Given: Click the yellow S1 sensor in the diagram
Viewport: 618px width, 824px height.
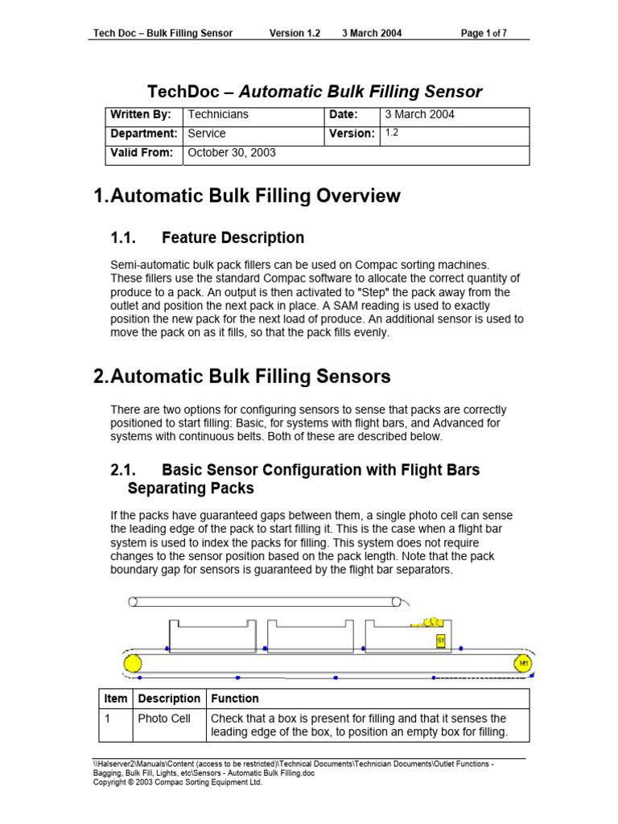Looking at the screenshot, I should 440,641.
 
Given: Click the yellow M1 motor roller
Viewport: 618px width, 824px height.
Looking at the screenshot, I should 523,664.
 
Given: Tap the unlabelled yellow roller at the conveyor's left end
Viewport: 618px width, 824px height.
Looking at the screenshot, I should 132,664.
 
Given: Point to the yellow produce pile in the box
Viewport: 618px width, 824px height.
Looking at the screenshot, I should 426,622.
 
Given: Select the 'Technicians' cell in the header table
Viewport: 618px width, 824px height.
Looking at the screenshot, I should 216,115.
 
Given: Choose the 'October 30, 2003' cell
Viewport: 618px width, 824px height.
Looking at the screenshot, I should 231,153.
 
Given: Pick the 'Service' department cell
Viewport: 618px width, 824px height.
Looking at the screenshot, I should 206,134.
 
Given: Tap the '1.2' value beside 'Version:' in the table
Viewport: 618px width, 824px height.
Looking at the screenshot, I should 392,134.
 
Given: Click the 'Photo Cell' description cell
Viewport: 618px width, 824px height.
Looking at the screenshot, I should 164,719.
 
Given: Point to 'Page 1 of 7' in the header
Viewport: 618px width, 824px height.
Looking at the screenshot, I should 483,33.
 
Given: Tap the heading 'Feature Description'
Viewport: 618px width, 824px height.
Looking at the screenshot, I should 233,237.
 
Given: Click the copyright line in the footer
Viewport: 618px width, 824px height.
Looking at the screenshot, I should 178,782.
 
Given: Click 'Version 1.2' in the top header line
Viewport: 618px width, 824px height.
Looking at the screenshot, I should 295,33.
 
